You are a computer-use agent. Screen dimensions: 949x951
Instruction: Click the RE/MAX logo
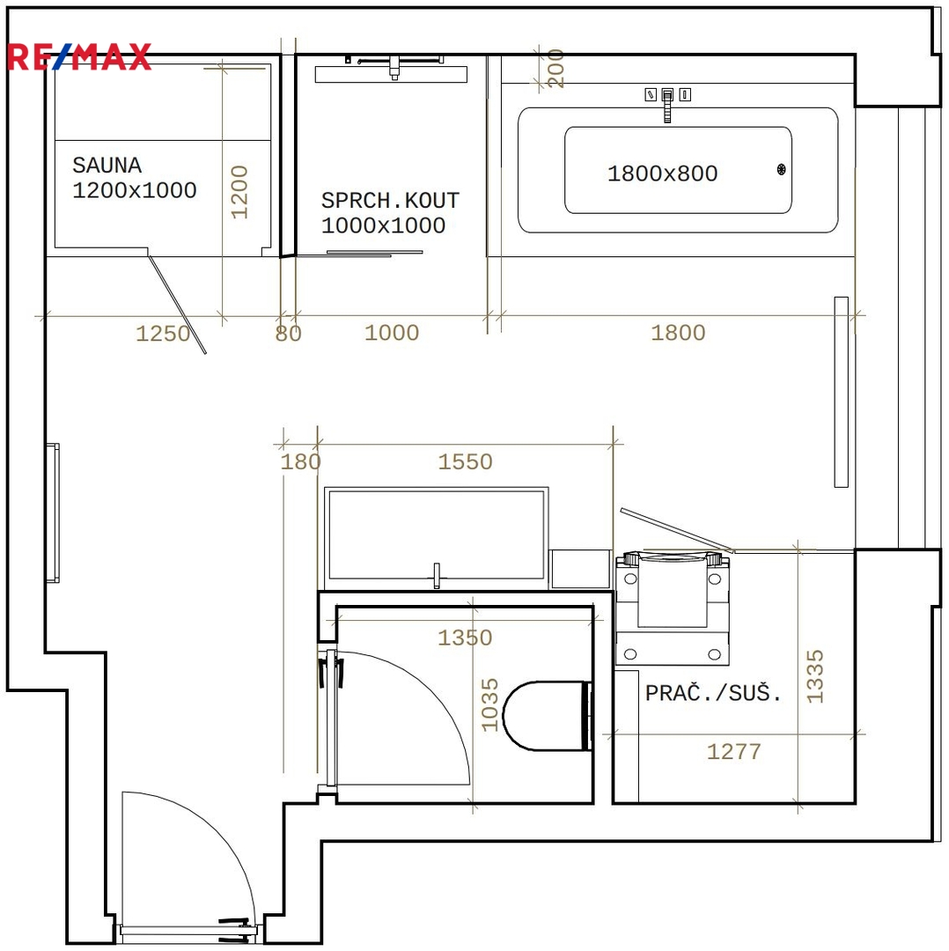click(79, 57)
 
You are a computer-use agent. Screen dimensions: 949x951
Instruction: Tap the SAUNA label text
click(107, 165)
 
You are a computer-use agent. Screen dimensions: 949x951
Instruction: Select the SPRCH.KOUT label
click(390, 200)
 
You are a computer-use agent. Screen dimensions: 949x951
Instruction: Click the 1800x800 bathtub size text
click(662, 173)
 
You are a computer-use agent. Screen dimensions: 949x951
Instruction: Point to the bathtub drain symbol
click(781, 169)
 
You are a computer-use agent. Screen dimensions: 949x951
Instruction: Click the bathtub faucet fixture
click(667, 103)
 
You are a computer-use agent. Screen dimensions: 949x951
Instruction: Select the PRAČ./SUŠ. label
click(713, 692)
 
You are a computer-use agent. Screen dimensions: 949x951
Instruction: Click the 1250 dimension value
click(163, 333)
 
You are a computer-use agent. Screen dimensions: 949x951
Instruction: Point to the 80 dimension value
click(288, 333)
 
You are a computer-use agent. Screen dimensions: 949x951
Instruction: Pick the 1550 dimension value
click(465, 461)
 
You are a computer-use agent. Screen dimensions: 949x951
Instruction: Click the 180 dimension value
click(300, 461)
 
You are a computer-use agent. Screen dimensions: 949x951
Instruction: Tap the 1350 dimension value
click(465, 638)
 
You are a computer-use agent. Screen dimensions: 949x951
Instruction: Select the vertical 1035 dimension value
click(489, 704)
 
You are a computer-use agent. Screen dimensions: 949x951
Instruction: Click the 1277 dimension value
click(733, 751)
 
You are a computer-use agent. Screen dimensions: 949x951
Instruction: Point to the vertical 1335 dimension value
click(815, 676)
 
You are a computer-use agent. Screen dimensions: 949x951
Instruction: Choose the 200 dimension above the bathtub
click(555, 68)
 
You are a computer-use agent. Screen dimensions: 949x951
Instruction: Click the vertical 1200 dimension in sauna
click(239, 192)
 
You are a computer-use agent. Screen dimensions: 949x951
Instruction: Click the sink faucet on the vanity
click(436, 576)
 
